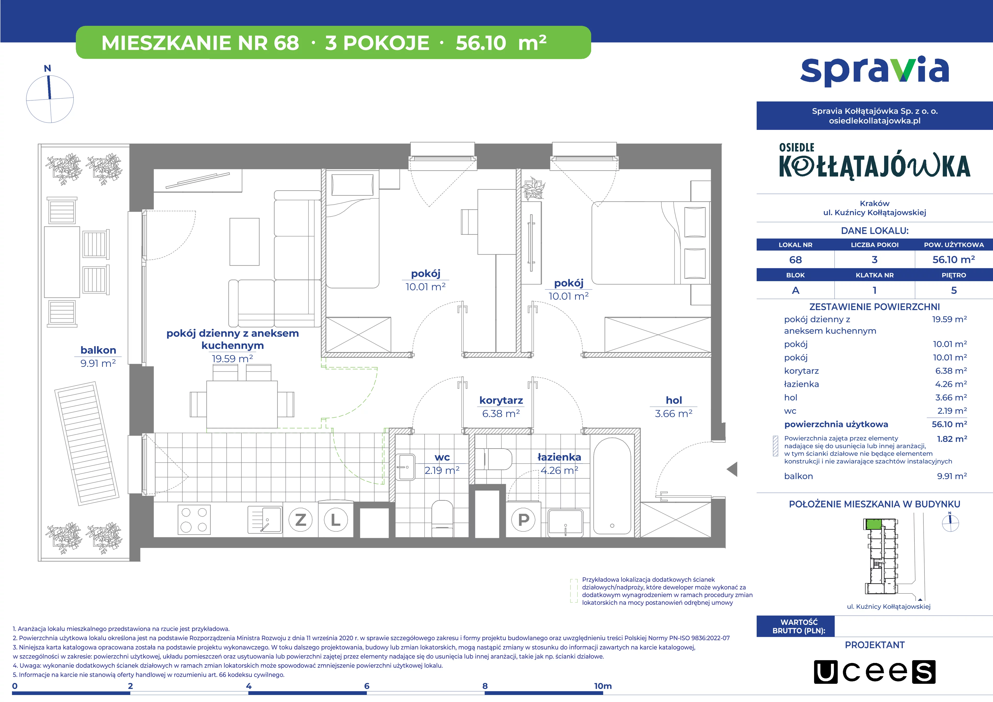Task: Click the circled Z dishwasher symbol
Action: (x=300, y=519)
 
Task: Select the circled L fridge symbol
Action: (x=336, y=519)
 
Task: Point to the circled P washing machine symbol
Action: (x=523, y=519)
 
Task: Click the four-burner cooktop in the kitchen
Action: (x=194, y=519)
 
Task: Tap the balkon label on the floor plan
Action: (x=98, y=350)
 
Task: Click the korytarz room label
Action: (x=501, y=400)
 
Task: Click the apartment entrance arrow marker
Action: (x=732, y=469)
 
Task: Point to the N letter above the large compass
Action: (x=48, y=68)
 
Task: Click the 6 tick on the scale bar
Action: (x=367, y=686)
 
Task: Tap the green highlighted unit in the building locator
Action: (x=874, y=524)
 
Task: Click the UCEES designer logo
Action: (x=875, y=672)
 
